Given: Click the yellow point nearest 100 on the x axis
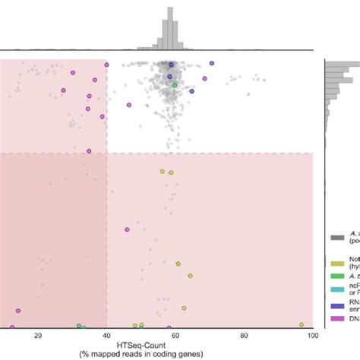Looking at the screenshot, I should pos(302,324).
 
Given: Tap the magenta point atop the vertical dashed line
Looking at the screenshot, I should pos(107,65).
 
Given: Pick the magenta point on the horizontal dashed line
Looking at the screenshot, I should pos(90,152).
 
